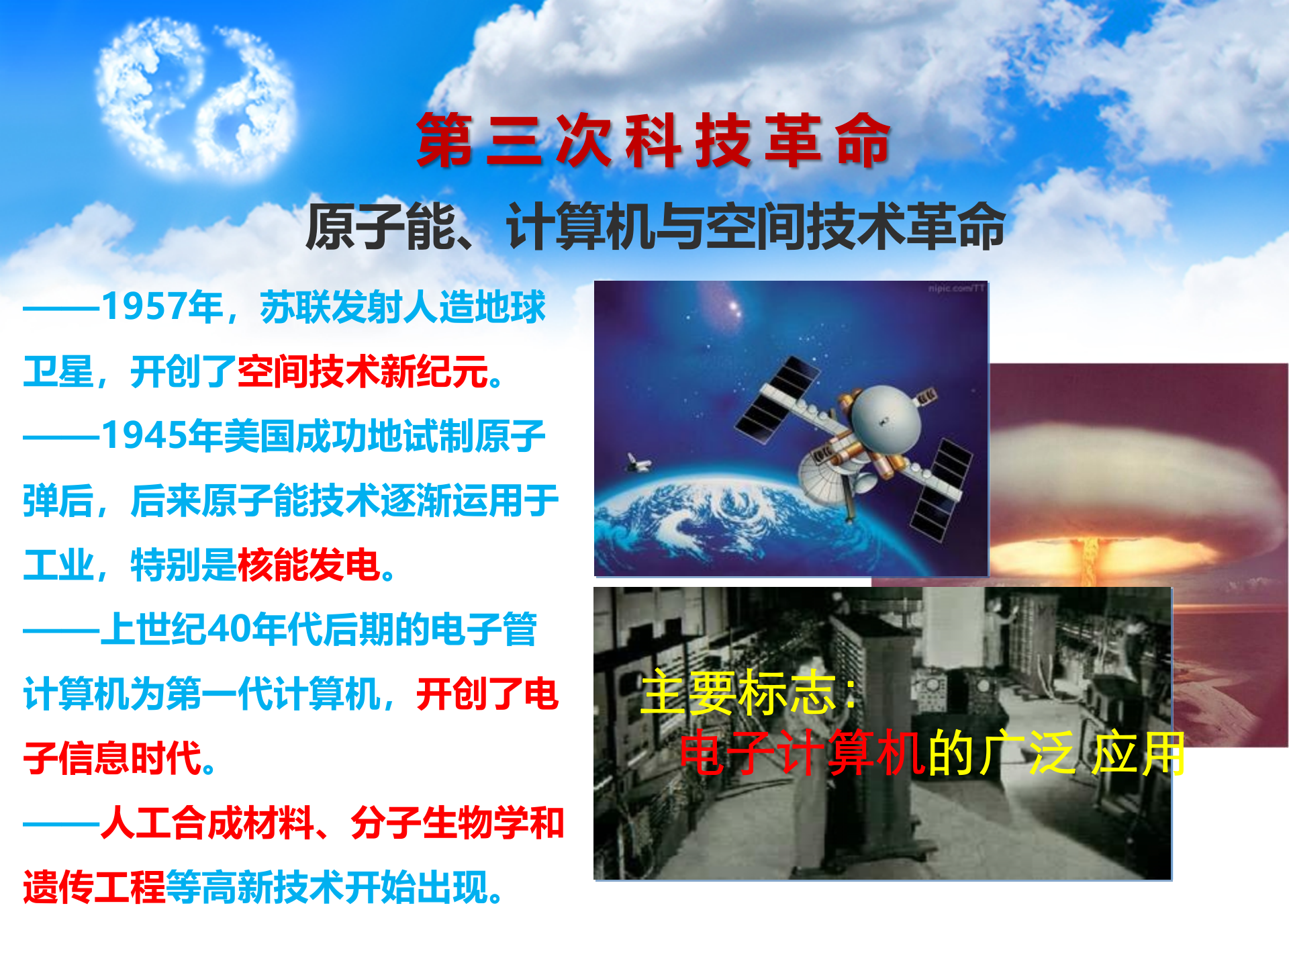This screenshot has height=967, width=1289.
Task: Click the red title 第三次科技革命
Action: tap(653, 141)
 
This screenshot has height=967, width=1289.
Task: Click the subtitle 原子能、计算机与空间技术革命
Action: tap(655, 227)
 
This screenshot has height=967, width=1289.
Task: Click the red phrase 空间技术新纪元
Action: tap(363, 371)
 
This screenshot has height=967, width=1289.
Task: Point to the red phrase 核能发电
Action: tap(309, 565)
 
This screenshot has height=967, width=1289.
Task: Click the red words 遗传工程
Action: tap(94, 887)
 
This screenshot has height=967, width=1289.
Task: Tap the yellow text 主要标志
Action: tap(738, 693)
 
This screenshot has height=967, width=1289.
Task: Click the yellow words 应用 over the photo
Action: tap(1138, 753)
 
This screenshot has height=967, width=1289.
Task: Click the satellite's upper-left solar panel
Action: tap(779, 399)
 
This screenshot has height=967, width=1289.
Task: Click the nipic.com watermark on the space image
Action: tap(956, 289)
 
